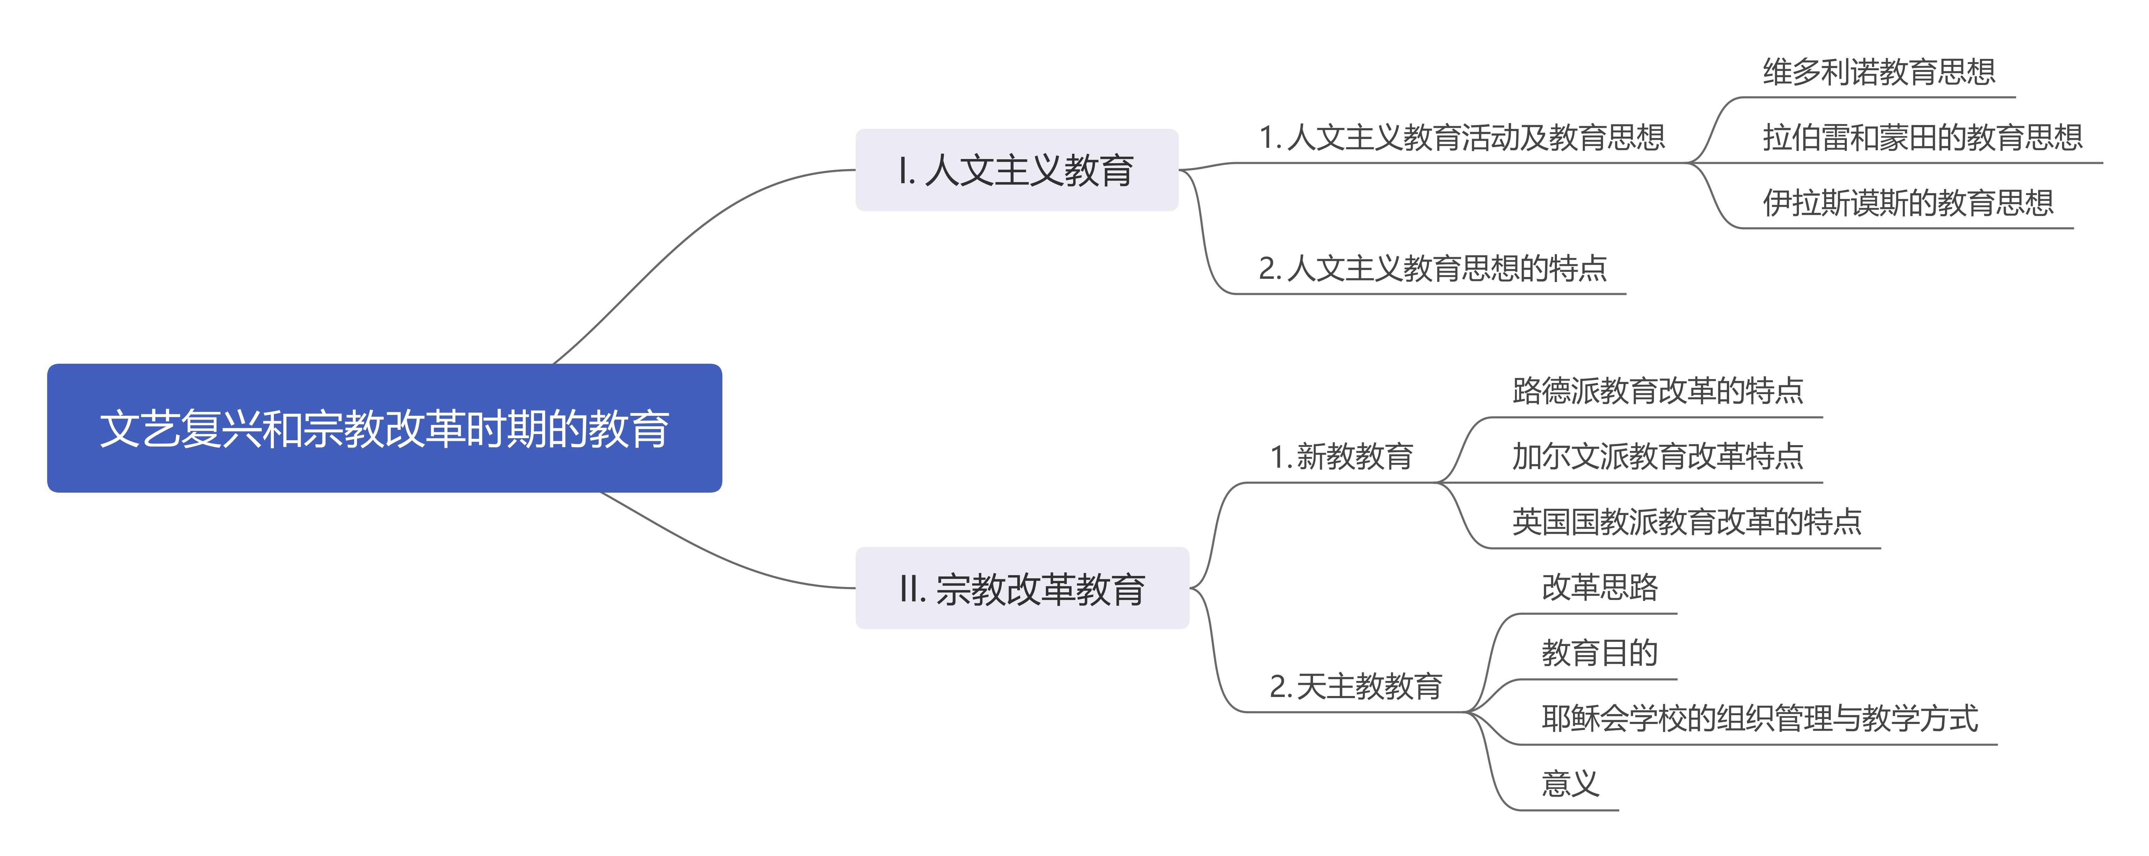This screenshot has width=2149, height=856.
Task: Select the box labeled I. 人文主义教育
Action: [1016, 170]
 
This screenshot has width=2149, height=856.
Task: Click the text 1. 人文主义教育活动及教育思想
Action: [1462, 137]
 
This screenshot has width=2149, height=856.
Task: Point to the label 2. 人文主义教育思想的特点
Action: [1432, 268]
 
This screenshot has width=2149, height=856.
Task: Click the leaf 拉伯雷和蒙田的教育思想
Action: [1922, 137]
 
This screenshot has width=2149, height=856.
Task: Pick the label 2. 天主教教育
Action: [1356, 686]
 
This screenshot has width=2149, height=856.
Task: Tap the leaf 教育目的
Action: [1599, 652]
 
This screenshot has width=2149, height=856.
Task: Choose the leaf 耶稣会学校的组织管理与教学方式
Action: [1758, 718]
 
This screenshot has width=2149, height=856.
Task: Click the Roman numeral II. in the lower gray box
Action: [912, 589]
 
